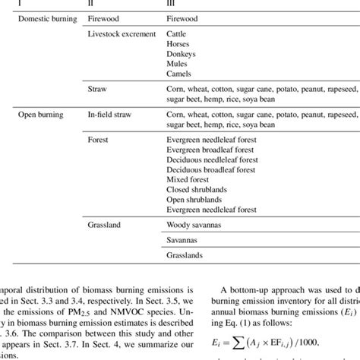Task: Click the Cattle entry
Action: click(177, 34)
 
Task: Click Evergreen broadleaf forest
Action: click(210, 150)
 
